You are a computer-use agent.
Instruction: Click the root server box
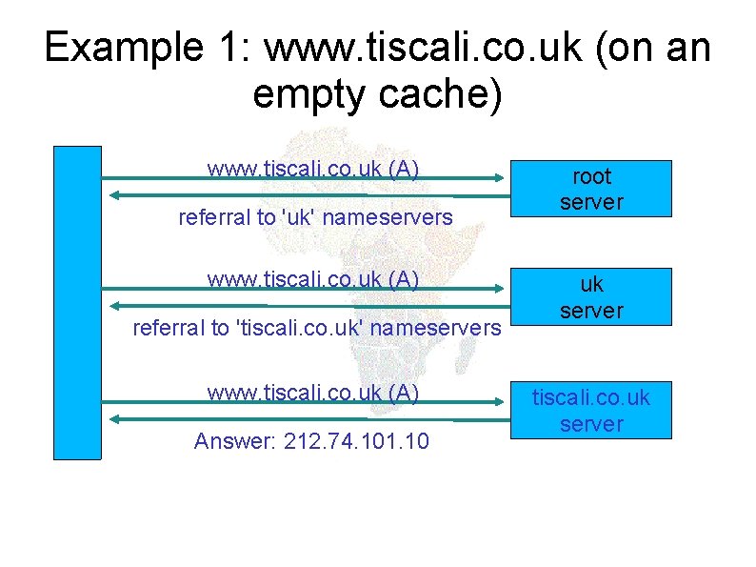[x=590, y=189]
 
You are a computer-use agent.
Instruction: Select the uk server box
[x=590, y=296]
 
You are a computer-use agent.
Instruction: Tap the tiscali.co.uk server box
[x=590, y=410]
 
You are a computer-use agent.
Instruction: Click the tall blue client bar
[x=77, y=303]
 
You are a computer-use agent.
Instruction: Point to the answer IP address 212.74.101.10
[x=356, y=442]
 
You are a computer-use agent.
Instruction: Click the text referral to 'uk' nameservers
[x=315, y=217]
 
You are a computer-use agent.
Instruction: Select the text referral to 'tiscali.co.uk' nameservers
[x=316, y=329]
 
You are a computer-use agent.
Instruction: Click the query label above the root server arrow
[x=313, y=169]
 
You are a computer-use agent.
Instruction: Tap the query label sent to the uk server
[x=313, y=279]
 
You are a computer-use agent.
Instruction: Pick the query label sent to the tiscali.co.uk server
[x=313, y=392]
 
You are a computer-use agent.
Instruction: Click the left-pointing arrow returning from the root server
[x=305, y=194]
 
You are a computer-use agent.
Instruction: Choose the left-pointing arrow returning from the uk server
[x=305, y=306]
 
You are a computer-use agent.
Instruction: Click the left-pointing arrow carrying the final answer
[x=305, y=418]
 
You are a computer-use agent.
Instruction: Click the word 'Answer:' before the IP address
[x=234, y=442]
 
